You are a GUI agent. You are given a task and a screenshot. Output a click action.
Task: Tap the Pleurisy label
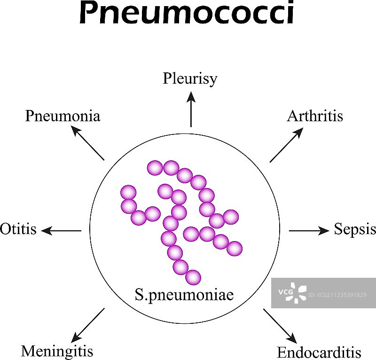tap(190, 78)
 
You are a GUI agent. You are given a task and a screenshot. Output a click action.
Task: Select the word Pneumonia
tap(63, 116)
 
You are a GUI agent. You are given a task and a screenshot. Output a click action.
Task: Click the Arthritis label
tap(315, 116)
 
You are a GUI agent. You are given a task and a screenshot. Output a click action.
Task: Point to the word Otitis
tap(18, 229)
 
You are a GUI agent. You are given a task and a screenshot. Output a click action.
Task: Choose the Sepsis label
tap(355, 229)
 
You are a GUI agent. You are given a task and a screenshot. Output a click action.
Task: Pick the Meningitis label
tap(57, 351)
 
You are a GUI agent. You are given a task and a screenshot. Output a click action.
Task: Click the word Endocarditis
tap(319, 352)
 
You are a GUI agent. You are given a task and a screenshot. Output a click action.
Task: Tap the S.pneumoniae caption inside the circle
tap(184, 296)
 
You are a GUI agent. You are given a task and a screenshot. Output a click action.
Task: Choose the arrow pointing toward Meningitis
tap(88, 325)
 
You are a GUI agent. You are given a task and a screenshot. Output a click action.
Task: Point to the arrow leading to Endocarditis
tap(280, 326)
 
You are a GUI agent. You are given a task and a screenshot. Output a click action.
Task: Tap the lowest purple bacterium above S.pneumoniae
tap(193, 277)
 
